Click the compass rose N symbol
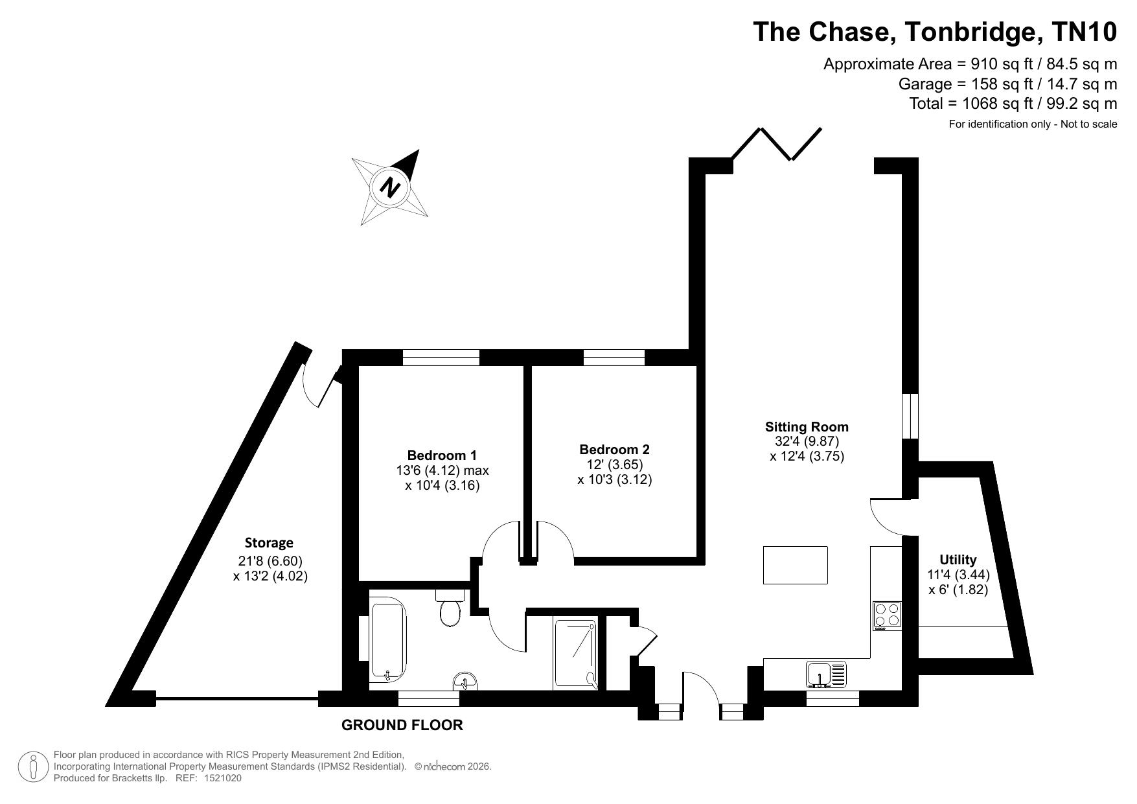pos(389,188)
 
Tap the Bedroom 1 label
pos(442,455)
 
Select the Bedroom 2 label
pos(614,449)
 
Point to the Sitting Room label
pos(807,426)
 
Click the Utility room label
pos(958,559)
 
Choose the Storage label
pos(269,542)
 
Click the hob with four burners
pos(887,615)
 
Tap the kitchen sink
pos(826,674)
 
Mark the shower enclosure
pos(575,653)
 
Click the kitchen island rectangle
pos(796,565)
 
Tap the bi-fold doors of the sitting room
pos(777,144)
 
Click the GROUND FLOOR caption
pos(402,725)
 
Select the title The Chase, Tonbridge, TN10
pos(935,32)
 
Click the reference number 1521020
pos(223,779)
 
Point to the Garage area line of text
pos(1008,84)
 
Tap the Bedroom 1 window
pos(441,358)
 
